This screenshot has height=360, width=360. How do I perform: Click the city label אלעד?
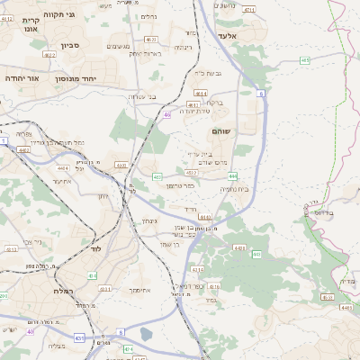tap(226, 35)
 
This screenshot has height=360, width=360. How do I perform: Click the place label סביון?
tap(70, 44)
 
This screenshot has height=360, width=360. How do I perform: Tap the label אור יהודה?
tap(23, 77)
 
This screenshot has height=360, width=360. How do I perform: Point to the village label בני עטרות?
tap(142, 95)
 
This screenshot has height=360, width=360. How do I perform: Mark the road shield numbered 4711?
tap(249, 9)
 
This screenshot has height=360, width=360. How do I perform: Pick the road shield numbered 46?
tap(167, 114)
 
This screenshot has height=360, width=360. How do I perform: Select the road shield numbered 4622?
tap(49, 55)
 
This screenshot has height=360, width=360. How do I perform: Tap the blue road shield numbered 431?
tap(80, 338)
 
